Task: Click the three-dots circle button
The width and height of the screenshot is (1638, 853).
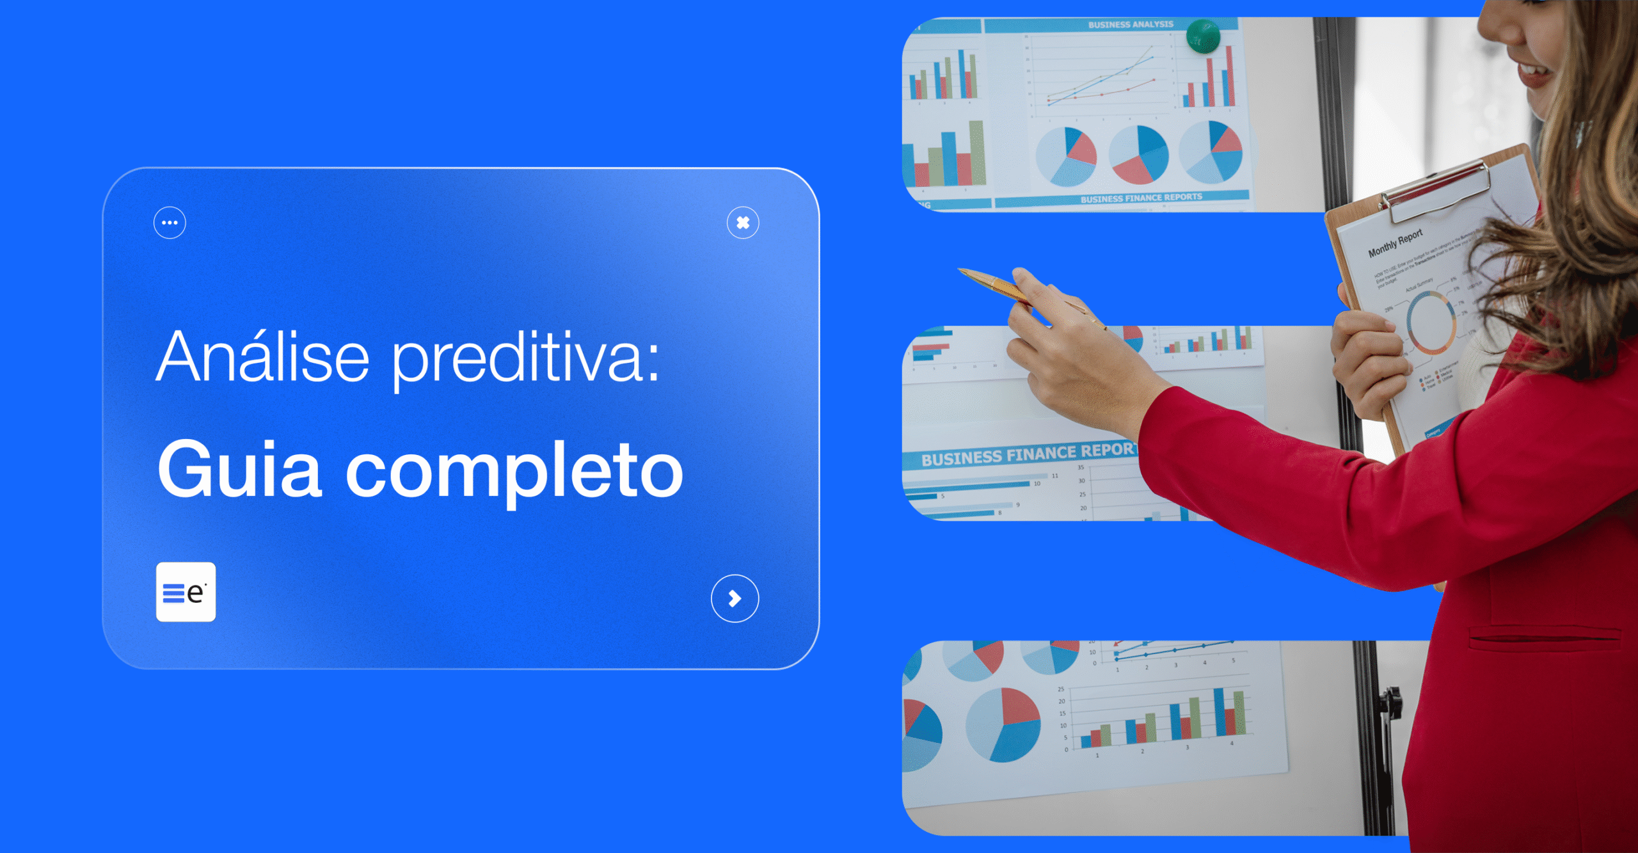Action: coord(170,223)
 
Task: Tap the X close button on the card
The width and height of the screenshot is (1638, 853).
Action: coord(743,223)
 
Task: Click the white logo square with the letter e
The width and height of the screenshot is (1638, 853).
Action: coord(186,592)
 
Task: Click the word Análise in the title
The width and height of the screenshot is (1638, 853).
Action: coord(263,357)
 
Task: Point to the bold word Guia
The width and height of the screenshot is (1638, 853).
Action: coord(239,470)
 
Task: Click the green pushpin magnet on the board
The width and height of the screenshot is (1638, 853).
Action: coord(1202,36)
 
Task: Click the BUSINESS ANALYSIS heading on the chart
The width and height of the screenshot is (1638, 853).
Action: coord(1131,24)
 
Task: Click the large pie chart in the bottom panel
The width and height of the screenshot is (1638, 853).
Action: coord(1003,725)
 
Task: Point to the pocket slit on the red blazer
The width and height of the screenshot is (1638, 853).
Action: coord(1542,637)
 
